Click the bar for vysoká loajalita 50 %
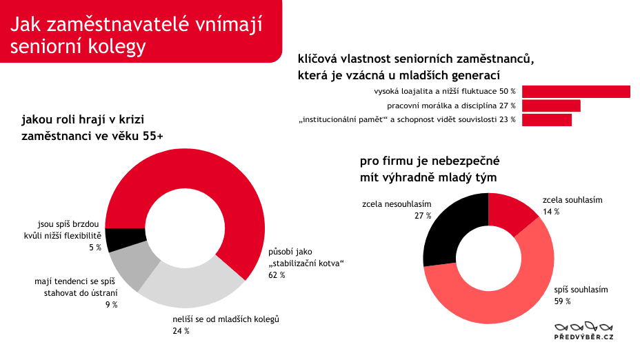[x=576, y=92]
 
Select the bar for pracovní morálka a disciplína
[x=551, y=106]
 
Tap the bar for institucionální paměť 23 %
[x=547, y=120]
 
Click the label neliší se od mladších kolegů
[x=225, y=319]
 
